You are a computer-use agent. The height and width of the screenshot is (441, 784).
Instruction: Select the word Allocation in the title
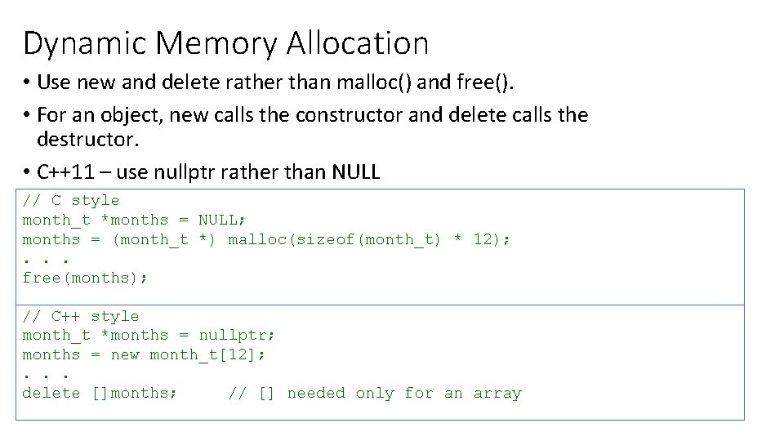coord(358,42)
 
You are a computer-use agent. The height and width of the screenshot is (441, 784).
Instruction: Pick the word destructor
coord(87,140)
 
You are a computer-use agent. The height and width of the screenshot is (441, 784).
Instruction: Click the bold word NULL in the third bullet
coord(357,171)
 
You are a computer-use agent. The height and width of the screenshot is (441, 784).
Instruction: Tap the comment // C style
coord(71,201)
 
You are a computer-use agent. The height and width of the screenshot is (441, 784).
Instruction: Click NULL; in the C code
coord(222,220)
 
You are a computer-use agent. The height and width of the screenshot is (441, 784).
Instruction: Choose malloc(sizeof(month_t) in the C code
coord(335,240)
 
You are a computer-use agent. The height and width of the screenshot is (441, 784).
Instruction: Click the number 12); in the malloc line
coord(492,240)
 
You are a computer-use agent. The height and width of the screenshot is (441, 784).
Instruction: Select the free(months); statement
coord(86,278)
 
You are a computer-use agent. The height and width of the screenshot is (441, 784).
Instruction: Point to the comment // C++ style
coord(81,316)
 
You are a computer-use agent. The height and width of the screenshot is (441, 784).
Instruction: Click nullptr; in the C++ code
coord(237,336)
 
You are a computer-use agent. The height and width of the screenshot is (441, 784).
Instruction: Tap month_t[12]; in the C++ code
coord(207,355)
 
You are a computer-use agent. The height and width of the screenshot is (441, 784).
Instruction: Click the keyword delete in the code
coord(51,394)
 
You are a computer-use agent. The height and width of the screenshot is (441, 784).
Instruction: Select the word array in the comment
coord(497,394)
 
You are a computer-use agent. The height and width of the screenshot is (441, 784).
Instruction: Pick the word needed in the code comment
coord(316,394)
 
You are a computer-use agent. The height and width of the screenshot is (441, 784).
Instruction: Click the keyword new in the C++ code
coord(125,355)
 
